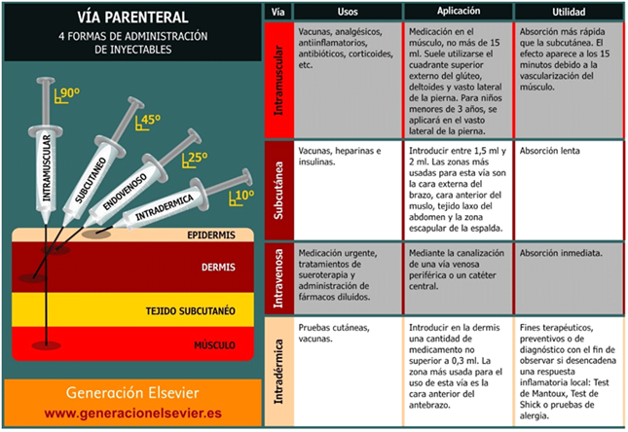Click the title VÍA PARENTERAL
[131, 18]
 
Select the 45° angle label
[149, 122]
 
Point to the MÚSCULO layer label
[216, 343]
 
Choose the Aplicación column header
[457, 12]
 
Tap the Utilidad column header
[568, 12]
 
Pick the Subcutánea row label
[278, 190]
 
